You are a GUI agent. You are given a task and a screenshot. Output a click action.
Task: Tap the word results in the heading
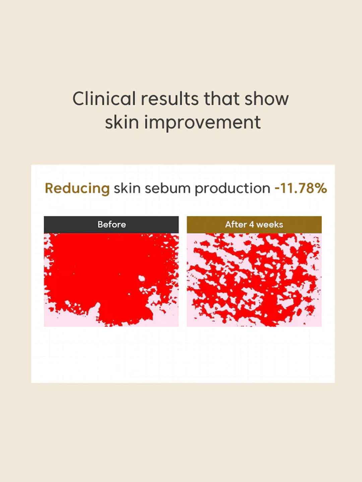point(170,99)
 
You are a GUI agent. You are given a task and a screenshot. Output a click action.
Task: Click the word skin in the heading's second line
point(122,122)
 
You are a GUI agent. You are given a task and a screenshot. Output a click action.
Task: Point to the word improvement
point(202,122)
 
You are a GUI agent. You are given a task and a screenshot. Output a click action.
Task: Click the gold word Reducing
point(77,188)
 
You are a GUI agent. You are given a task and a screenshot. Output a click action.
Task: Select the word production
point(232,188)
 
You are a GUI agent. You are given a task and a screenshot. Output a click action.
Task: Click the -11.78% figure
point(301,188)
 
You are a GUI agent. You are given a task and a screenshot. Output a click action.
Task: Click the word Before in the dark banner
point(112,225)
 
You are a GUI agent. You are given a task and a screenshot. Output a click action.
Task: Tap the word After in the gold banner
point(236,225)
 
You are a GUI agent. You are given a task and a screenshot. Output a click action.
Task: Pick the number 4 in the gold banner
point(251,225)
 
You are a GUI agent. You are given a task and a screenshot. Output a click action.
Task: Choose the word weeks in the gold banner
point(269,225)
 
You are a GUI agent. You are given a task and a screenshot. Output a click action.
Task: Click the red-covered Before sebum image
point(101,274)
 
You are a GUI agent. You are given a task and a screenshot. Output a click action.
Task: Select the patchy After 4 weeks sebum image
point(254,280)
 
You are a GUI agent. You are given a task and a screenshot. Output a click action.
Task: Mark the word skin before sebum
point(127,188)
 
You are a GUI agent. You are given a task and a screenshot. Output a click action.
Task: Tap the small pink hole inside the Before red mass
point(142,278)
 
